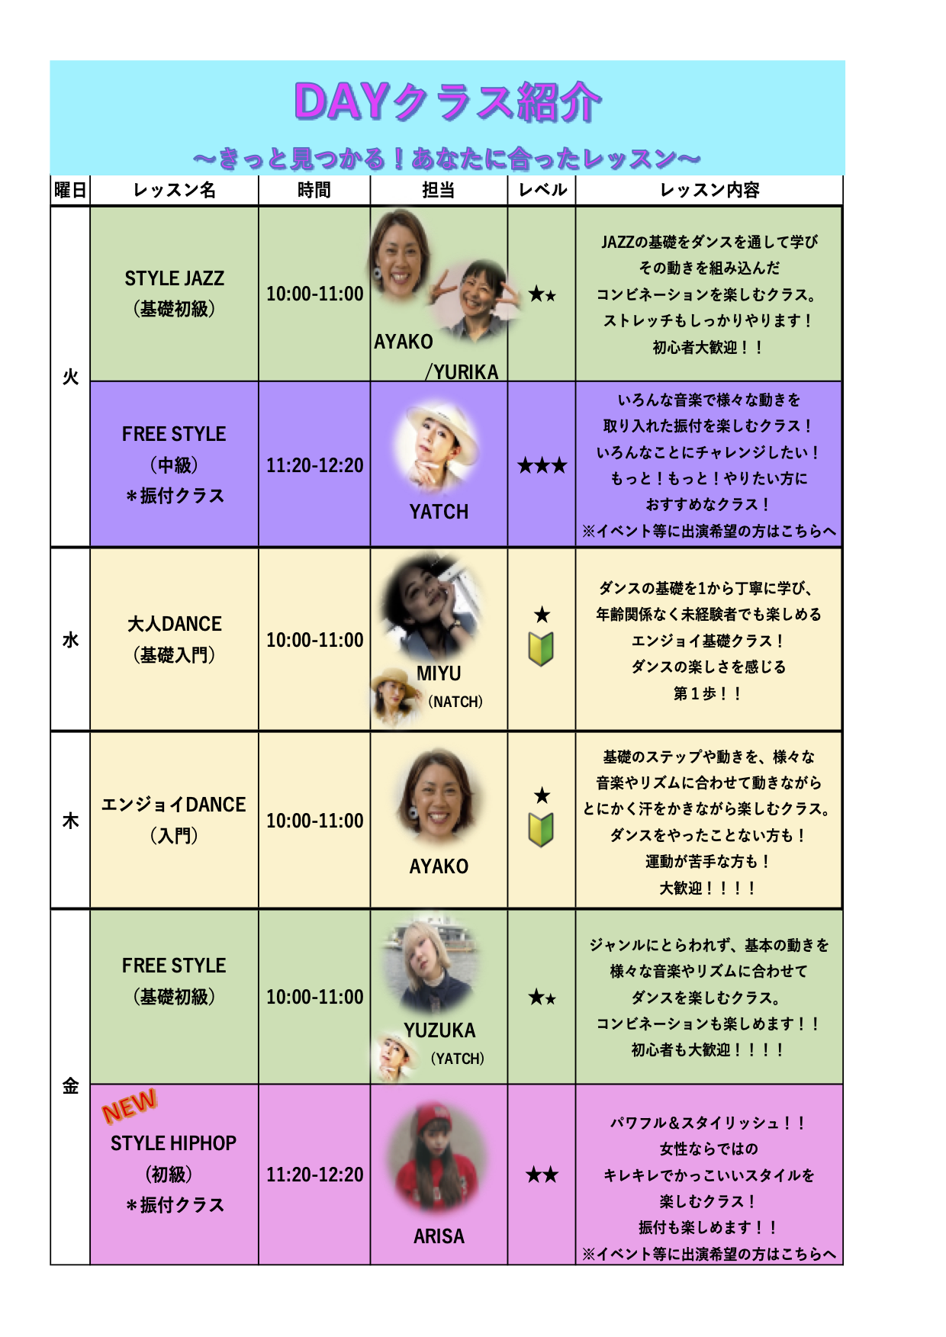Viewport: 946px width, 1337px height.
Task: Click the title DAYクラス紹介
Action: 448,102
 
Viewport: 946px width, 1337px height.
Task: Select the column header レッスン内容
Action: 709,190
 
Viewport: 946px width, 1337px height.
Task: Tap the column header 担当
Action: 439,190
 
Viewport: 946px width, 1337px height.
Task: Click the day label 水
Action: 70,640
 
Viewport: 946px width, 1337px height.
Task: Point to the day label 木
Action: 70,821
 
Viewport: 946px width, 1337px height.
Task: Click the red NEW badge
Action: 130,1106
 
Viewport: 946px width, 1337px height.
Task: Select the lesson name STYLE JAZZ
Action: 175,278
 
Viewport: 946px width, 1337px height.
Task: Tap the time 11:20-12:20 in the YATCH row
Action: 314,465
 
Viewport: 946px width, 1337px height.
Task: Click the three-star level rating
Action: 542,465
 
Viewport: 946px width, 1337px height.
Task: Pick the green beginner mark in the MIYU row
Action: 541,649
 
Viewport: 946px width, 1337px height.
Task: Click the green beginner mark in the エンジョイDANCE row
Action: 541,830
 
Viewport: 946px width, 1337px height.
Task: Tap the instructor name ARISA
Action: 439,1236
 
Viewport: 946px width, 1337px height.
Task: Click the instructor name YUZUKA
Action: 439,1030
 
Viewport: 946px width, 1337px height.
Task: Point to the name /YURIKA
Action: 462,371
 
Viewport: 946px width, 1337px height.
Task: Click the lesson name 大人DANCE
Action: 175,624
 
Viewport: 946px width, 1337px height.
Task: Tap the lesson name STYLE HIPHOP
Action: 174,1143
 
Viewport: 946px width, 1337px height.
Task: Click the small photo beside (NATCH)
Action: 396,696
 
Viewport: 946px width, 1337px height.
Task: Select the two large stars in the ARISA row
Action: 542,1175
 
